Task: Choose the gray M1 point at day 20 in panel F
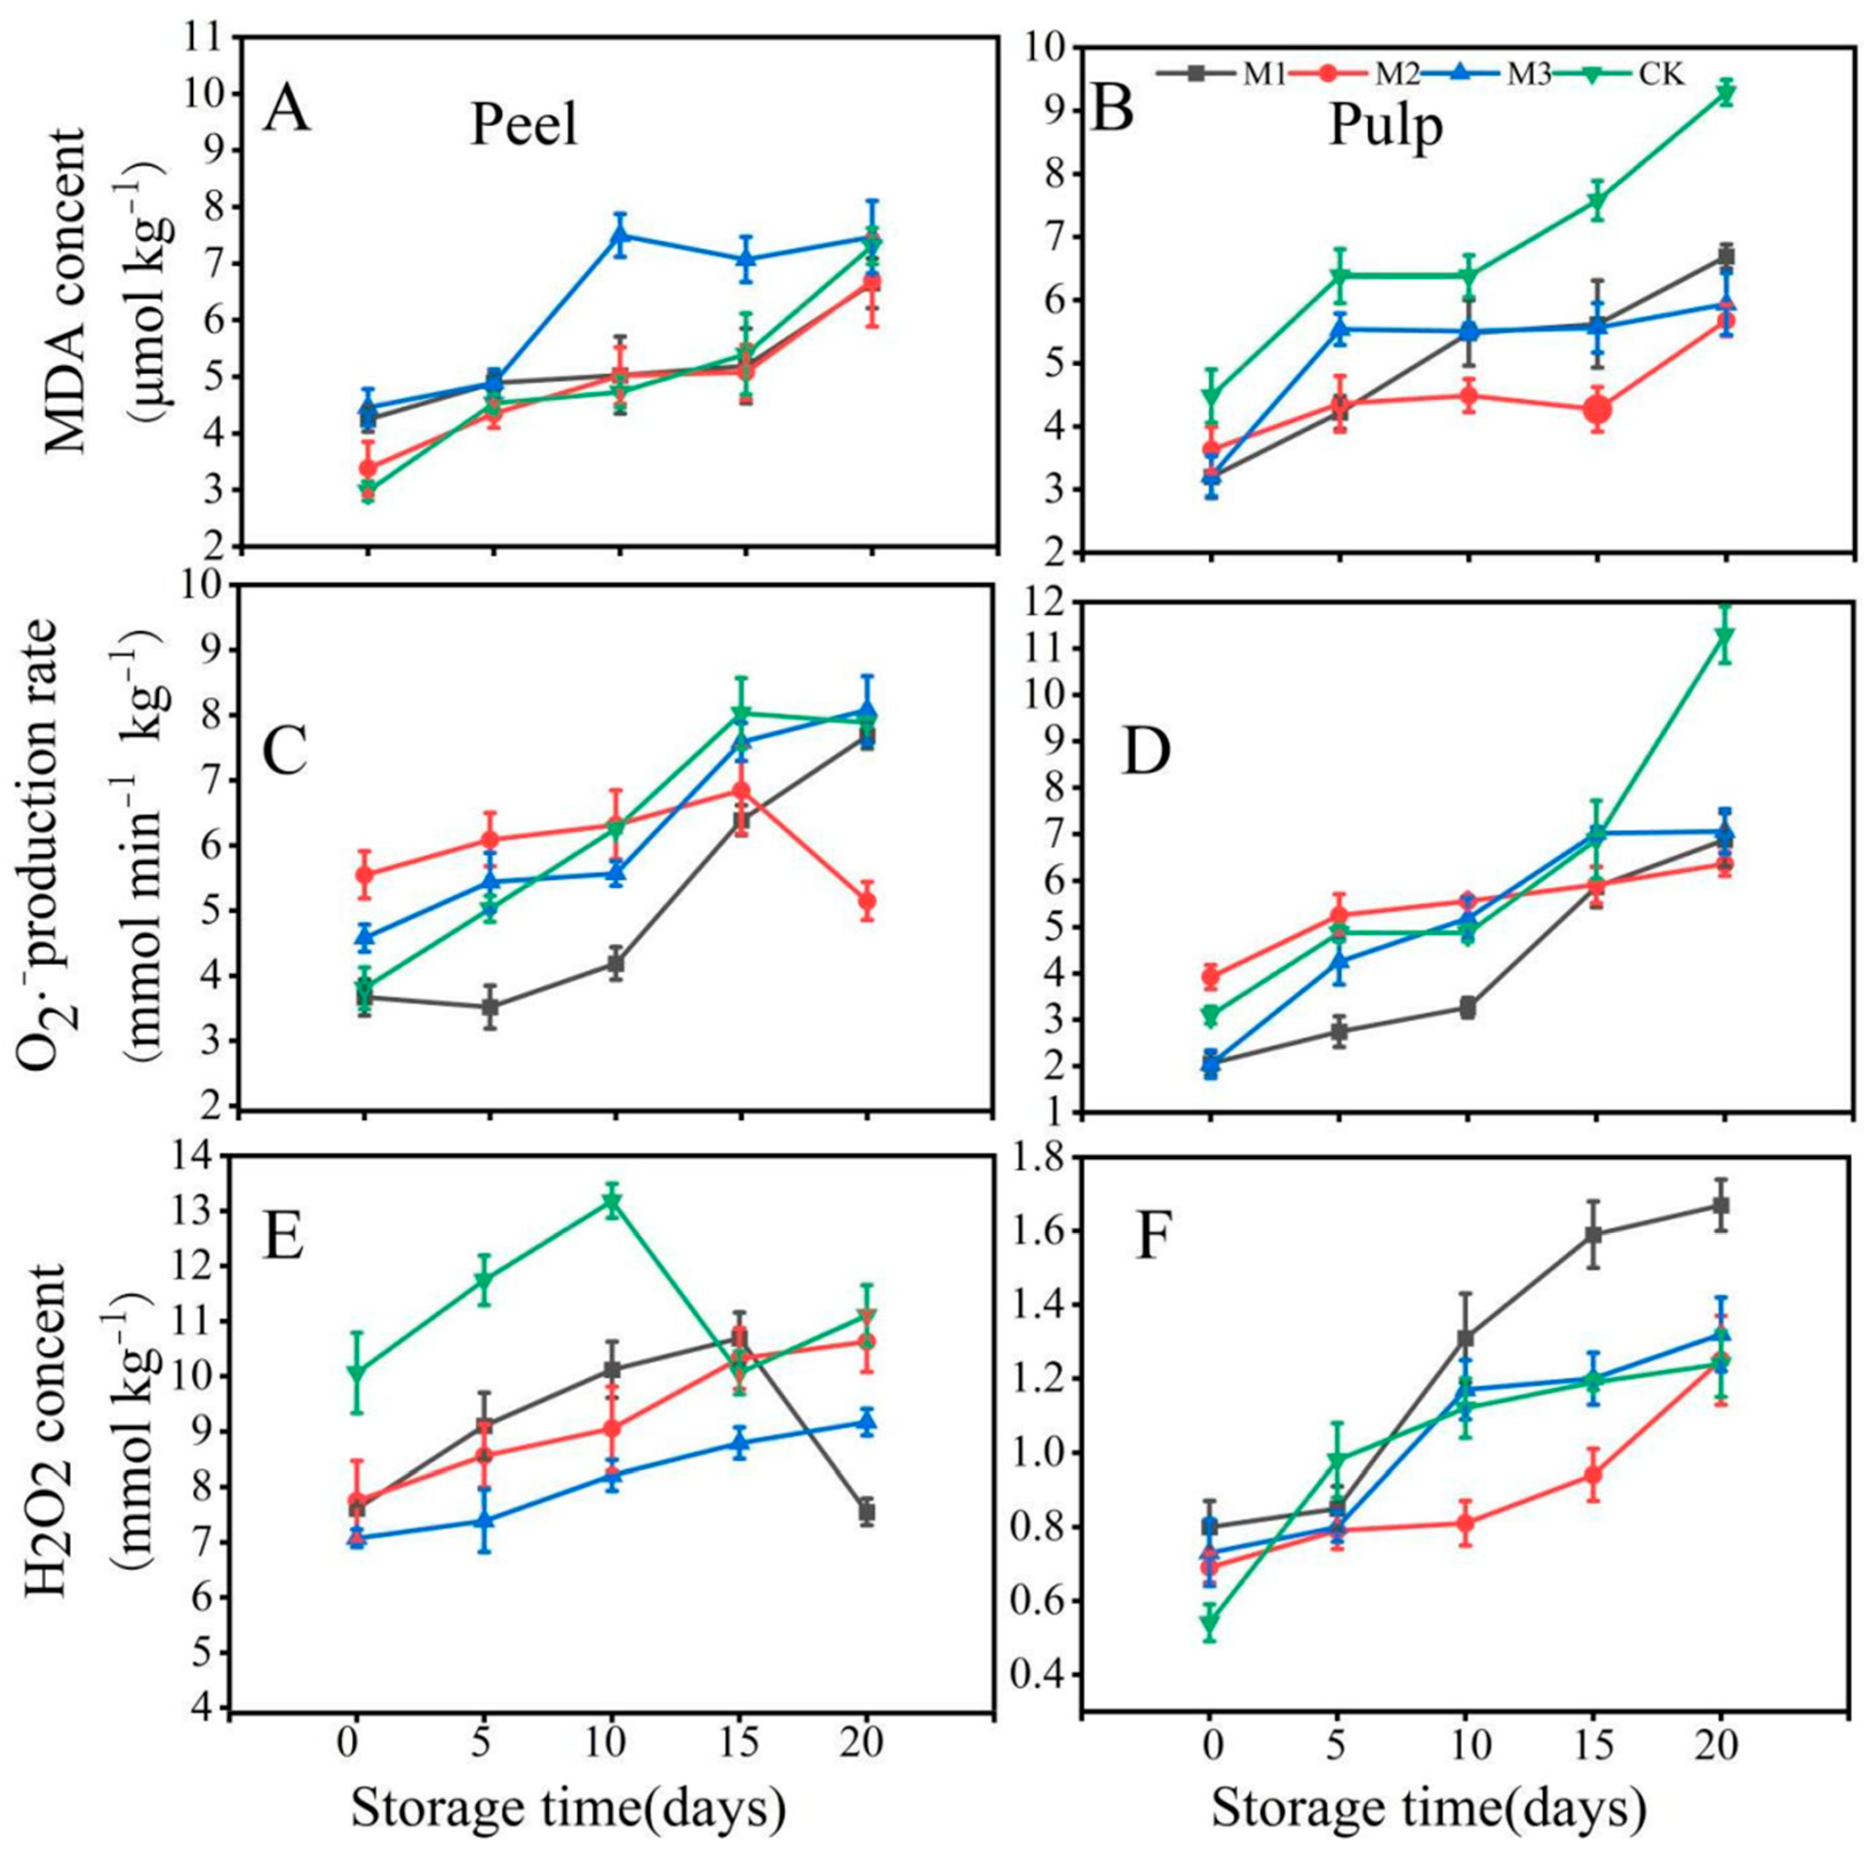[1720, 1206]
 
